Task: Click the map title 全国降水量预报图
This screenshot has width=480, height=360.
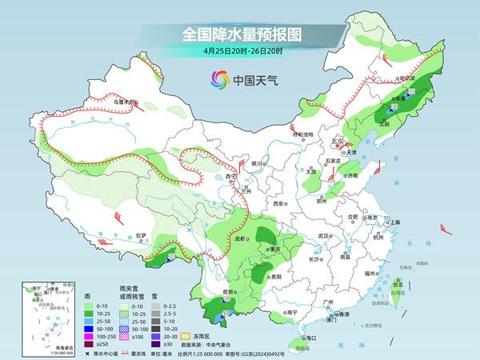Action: click(x=239, y=34)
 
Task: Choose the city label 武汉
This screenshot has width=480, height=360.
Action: click(x=324, y=236)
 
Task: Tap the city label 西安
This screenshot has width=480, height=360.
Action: click(x=278, y=204)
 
